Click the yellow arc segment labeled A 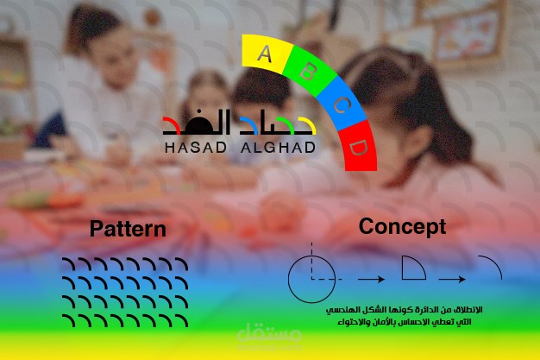coord(265,54)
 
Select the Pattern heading coord(128,229)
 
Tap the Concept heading coord(403,226)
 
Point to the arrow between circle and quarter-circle coord(370,279)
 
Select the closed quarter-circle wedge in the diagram coord(412,268)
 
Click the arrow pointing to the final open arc coord(452,279)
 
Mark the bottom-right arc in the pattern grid coord(180,320)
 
